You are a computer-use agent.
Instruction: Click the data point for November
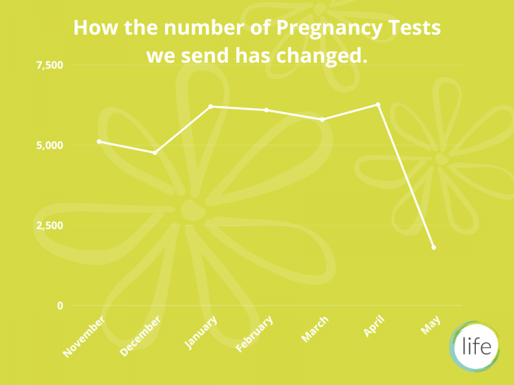point(99,142)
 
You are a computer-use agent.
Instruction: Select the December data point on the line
point(155,153)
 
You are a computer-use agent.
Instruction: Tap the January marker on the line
point(211,106)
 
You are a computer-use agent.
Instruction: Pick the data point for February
point(266,110)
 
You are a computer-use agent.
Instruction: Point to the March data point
point(322,120)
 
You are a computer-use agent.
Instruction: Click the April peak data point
point(378,104)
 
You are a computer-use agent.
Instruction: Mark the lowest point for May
point(434,247)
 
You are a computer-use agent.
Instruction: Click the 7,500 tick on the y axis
point(50,65)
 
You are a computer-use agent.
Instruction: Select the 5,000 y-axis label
point(50,145)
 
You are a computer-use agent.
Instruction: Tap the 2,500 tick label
point(50,225)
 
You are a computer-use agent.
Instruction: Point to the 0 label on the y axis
point(60,305)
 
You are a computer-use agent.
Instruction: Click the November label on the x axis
point(84,336)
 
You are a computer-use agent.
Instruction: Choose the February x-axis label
point(254,334)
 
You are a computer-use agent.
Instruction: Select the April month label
point(373,326)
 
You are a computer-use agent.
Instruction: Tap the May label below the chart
point(430,326)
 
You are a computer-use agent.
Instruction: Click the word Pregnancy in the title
point(329,28)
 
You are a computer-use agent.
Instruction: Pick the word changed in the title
point(321,56)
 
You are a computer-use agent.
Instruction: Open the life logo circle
point(475,346)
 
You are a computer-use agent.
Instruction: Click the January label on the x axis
point(201,332)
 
